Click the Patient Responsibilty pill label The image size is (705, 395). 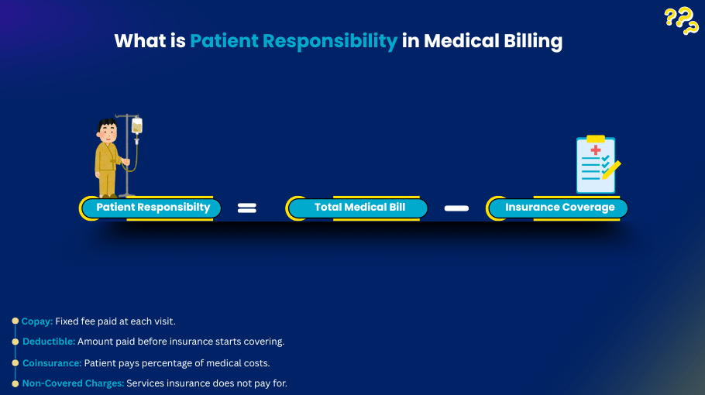(x=153, y=208)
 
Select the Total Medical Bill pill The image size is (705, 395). (x=359, y=208)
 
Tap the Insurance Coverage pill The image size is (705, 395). (x=559, y=208)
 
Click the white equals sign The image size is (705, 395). (x=246, y=208)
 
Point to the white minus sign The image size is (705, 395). (x=457, y=208)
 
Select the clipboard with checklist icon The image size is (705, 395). (x=597, y=164)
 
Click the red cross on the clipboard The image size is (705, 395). (x=595, y=149)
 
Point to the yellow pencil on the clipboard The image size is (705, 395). (x=611, y=168)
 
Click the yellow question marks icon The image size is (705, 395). (x=682, y=21)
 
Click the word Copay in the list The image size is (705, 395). (x=36, y=321)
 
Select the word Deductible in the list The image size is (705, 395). (x=48, y=342)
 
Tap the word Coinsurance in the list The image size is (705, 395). (x=52, y=362)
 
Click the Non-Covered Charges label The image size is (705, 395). (x=73, y=383)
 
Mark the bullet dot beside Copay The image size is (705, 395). (x=15, y=321)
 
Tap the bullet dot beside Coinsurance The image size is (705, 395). (x=15, y=362)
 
